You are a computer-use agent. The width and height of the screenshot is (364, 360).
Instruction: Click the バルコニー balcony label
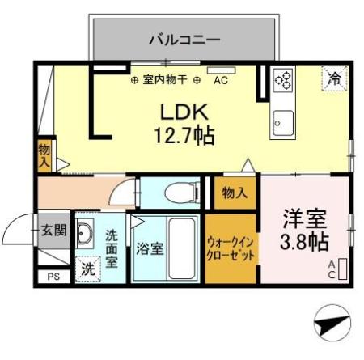[184, 38]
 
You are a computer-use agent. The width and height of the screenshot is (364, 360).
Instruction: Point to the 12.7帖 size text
[184, 136]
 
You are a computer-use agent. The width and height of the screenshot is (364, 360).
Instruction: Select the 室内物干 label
[165, 80]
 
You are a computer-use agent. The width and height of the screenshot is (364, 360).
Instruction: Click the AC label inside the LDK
[221, 80]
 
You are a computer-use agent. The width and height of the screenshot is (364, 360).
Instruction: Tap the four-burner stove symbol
[284, 78]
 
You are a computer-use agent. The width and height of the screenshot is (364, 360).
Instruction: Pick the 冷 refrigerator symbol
[333, 78]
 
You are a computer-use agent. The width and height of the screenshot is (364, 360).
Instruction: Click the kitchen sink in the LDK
[283, 122]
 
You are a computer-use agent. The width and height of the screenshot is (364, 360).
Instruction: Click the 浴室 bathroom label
[150, 249]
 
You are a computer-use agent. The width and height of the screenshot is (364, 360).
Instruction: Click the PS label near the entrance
[53, 277]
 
